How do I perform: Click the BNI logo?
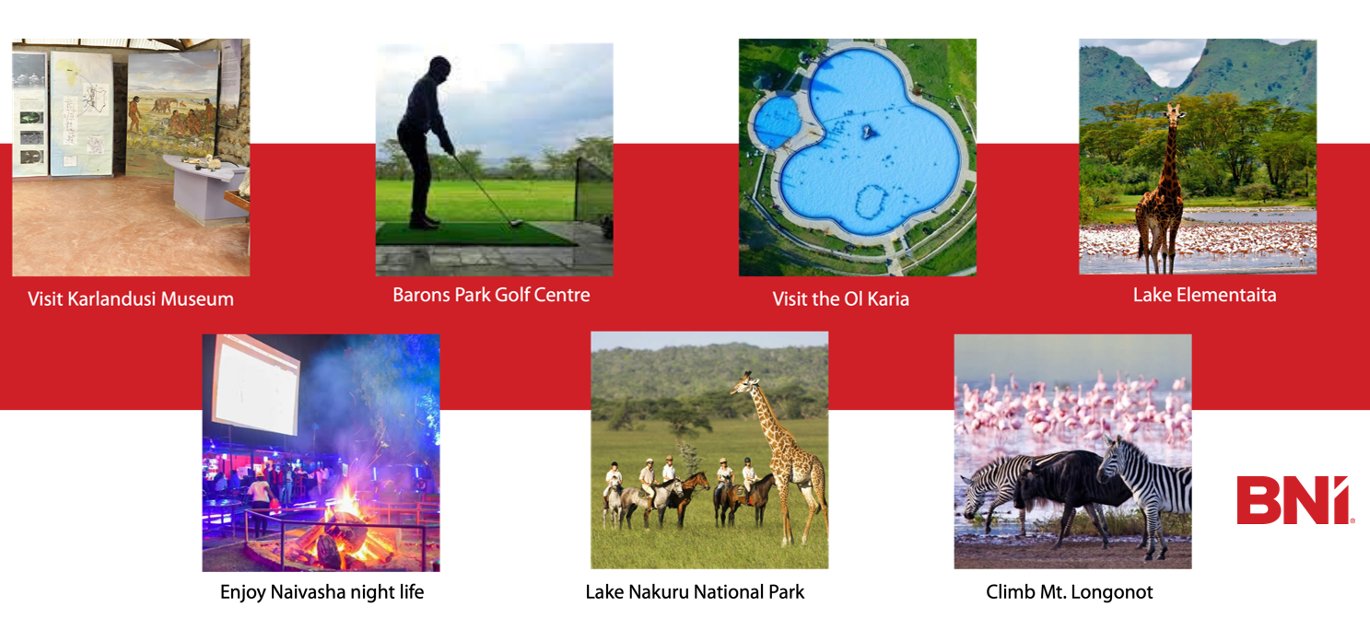pyautogui.click(x=1294, y=500)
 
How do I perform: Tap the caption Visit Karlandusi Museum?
pyautogui.click(x=130, y=298)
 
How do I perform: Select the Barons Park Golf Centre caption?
pyautogui.click(x=491, y=295)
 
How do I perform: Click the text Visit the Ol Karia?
pyautogui.click(x=840, y=298)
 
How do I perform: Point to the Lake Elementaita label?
pyautogui.click(x=1204, y=295)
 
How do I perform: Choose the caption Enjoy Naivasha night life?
pyautogui.click(x=322, y=592)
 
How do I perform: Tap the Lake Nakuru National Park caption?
pyautogui.click(x=695, y=592)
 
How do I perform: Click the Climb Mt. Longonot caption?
pyautogui.click(x=1069, y=592)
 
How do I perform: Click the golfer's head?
pyautogui.click(x=439, y=68)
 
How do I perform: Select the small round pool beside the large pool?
pyautogui.click(x=778, y=121)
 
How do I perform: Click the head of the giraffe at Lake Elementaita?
pyautogui.click(x=1173, y=112)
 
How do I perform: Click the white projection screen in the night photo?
pyautogui.click(x=255, y=385)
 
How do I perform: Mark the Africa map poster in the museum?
pyautogui.click(x=80, y=114)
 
